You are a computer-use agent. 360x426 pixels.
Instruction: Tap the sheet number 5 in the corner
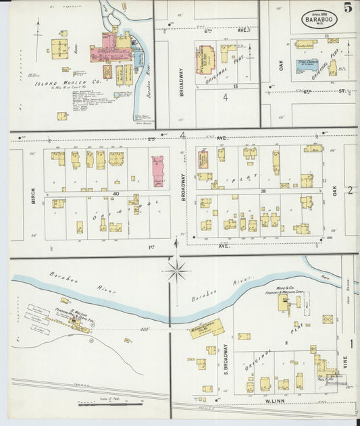pos(347,8)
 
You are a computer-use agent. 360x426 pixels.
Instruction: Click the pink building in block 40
pos(158,171)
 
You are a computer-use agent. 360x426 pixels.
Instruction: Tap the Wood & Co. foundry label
pos(294,289)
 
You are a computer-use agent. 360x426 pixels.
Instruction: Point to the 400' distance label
pos(144,329)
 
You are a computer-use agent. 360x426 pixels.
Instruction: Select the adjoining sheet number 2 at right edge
pos(350,190)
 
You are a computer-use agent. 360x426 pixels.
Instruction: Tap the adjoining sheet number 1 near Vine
pos(351,344)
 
